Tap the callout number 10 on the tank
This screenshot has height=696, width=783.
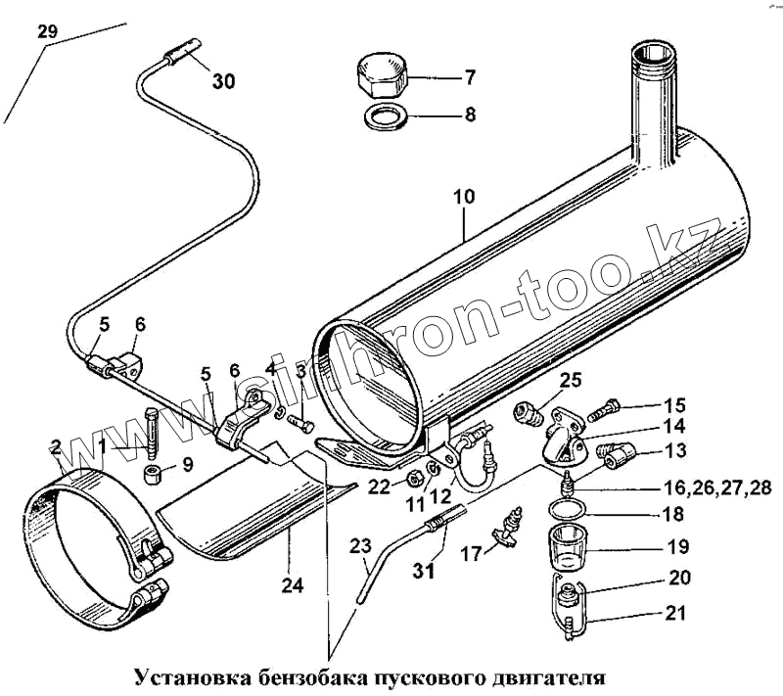pos(463,197)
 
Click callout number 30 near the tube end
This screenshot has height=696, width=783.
pos(223,82)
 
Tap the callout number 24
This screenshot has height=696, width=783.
pos(291,585)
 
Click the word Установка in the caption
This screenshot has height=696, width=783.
pos(193,676)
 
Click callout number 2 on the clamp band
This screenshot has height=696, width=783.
pos(56,446)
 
